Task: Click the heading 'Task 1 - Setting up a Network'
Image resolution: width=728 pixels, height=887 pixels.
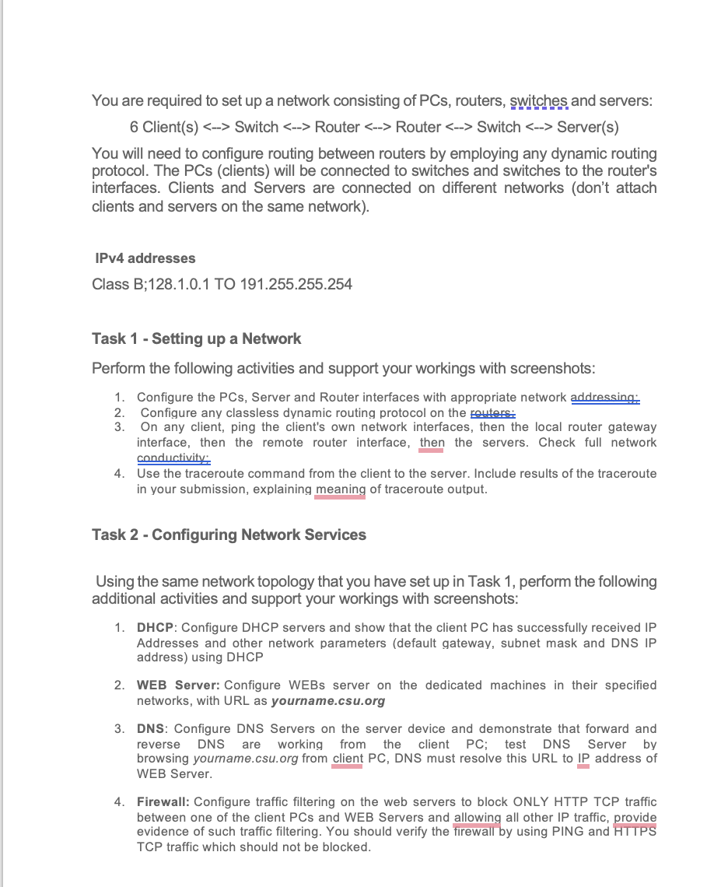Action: click(196, 338)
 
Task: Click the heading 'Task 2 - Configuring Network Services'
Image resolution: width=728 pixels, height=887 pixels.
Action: click(229, 535)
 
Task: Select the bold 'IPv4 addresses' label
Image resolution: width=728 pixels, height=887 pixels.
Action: click(145, 258)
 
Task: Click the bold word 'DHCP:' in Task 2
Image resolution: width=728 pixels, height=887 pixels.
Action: click(156, 628)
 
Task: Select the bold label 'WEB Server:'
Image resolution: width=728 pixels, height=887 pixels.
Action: click(178, 685)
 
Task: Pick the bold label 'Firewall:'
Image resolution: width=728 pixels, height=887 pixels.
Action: click(163, 802)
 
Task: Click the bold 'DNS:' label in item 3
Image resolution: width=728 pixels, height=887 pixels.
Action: click(153, 729)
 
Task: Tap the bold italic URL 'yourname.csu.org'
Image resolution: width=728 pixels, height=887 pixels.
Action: click(327, 701)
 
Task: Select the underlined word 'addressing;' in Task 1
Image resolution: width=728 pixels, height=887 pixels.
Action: click(605, 398)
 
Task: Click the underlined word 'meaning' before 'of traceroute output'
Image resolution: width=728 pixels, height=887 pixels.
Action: click(340, 489)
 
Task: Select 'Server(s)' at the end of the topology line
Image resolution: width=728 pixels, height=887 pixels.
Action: click(587, 127)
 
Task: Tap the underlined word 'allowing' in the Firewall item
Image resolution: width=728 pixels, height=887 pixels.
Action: click(477, 817)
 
